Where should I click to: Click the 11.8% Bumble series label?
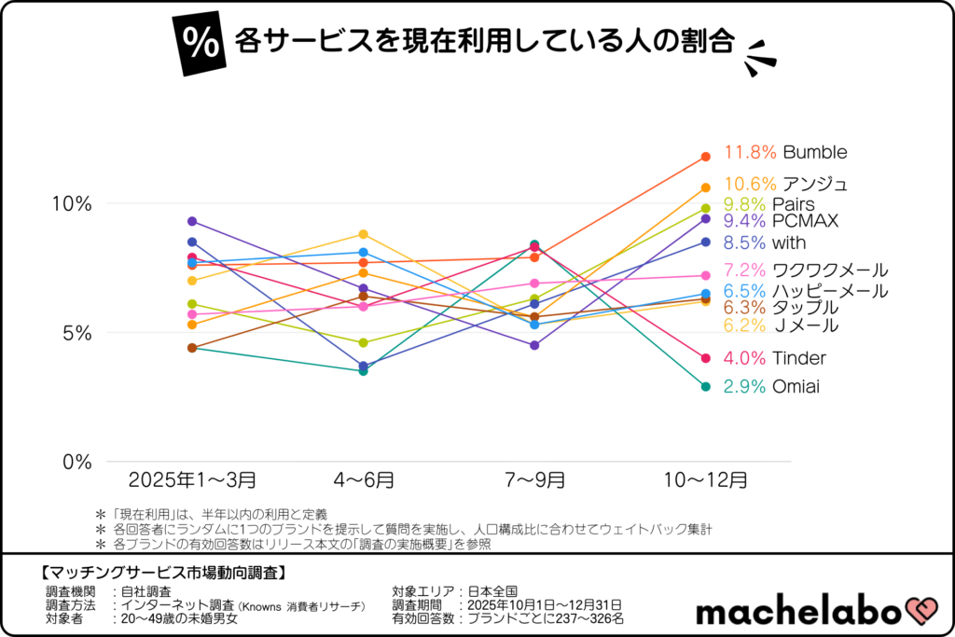tap(785, 152)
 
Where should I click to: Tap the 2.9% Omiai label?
tap(771, 386)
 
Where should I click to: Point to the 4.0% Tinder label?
tap(775, 358)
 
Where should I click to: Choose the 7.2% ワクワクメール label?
tap(805, 270)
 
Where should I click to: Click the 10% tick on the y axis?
tap(72, 203)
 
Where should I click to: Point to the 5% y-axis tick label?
tap(76, 333)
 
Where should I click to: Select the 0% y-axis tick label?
tap(76, 462)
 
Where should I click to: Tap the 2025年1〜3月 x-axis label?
tap(192, 480)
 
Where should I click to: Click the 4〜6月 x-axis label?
tap(364, 480)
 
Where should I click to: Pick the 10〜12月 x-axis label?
tap(705, 480)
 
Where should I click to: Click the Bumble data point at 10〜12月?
tap(706, 157)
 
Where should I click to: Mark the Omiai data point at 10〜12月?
tap(706, 386)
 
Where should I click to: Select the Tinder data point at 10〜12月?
tap(706, 358)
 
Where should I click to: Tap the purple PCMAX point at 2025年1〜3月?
tap(192, 221)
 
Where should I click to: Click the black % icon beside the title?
tap(198, 42)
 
